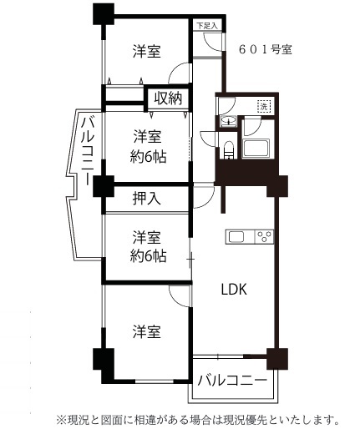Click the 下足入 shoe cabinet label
(x=207, y=26)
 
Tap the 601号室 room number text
(x=266, y=50)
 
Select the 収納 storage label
(x=168, y=98)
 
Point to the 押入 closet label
(x=146, y=199)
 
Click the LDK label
(x=234, y=290)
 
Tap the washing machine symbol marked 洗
(x=264, y=106)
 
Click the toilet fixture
(x=228, y=150)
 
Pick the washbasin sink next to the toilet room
(x=228, y=121)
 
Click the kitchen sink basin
(x=236, y=237)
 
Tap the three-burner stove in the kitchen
(x=264, y=237)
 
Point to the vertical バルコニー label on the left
(x=88, y=151)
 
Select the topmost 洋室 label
(x=147, y=51)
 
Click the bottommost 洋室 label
(x=147, y=331)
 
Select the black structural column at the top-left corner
(x=104, y=13)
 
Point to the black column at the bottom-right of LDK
(x=277, y=359)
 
